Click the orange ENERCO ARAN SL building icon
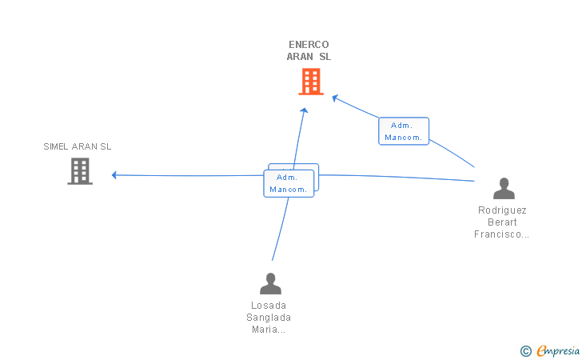pos(311,82)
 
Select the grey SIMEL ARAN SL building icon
pos(80,171)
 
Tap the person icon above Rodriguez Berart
pos(504,188)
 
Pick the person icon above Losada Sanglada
pos(270,283)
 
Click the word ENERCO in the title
pos(309,45)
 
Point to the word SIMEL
pos(56,146)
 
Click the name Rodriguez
pos(502,210)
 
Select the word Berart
pos(502,222)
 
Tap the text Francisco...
pos(498,234)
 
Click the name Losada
pos(269,306)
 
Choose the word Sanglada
pos(269,318)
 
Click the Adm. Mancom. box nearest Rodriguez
pos(404,131)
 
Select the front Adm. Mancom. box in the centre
pos(289,183)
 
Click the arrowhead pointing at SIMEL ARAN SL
pos(114,175)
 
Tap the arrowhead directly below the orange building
pos(305,110)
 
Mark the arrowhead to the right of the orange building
pos(335,98)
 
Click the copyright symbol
pos(526,351)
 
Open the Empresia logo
pos(558,351)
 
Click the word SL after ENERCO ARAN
pos(325,57)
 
